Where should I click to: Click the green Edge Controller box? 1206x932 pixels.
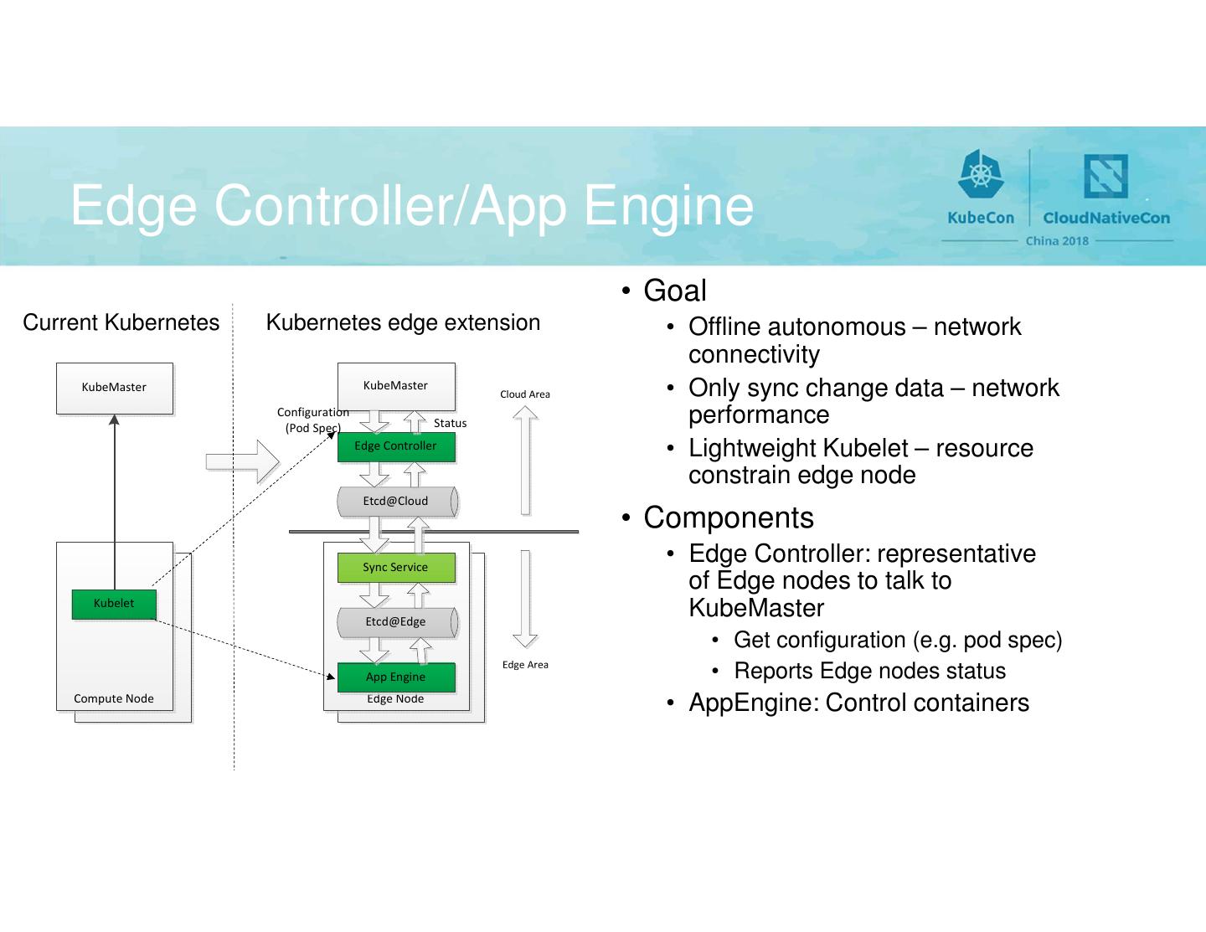(x=396, y=446)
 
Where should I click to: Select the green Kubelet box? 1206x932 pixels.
(x=114, y=604)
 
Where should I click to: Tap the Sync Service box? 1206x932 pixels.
(x=396, y=568)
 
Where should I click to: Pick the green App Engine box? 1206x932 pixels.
(x=396, y=677)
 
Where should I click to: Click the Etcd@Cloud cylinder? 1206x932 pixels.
(x=396, y=502)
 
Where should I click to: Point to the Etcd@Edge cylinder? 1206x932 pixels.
(x=396, y=622)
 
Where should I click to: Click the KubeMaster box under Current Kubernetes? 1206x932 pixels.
(x=115, y=388)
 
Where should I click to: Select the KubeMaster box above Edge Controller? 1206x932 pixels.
(x=396, y=386)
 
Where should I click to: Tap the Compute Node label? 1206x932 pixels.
(x=114, y=699)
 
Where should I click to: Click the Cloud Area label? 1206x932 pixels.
(x=525, y=394)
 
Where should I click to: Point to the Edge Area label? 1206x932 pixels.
(x=525, y=665)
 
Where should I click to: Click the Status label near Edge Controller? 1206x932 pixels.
(x=450, y=424)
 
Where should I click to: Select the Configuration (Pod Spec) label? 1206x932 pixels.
(x=312, y=420)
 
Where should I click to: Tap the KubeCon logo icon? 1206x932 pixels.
(x=980, y=176)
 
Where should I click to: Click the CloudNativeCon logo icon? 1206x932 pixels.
(x=1105, y=176)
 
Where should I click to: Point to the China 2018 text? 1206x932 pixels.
(x=1057, y=241)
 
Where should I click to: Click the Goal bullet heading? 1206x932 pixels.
(x=675, y=291)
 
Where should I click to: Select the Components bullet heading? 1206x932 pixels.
(x=729, y=518)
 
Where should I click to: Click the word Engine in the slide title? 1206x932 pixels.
(x=668, y=206)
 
